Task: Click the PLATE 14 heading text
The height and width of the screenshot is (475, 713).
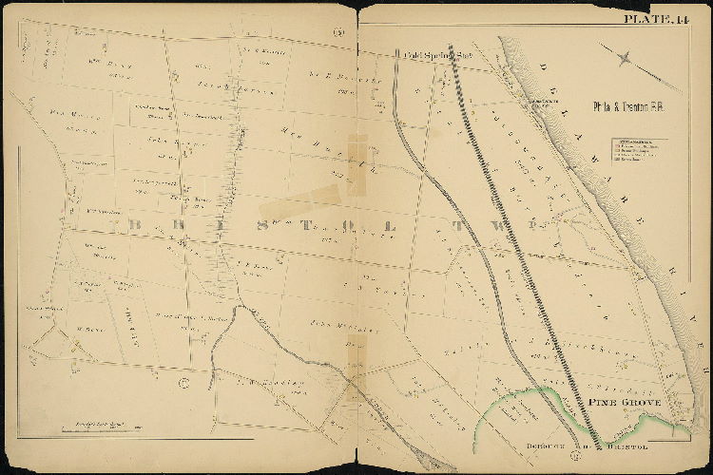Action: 655,19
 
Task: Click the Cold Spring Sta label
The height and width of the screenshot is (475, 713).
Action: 426,56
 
